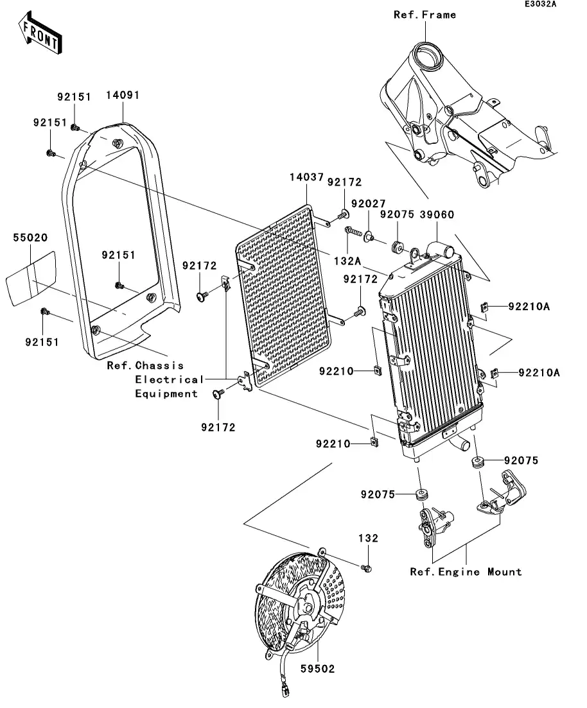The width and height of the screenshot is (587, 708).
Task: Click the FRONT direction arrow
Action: coord(40,33)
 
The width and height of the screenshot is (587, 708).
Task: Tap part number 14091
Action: coord(123,95)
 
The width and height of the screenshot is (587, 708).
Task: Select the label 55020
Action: coord(30,237)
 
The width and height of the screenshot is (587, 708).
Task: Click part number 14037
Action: coord(306,177)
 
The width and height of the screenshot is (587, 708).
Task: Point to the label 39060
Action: coord(437,214)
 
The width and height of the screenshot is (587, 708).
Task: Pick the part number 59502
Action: coord(318,669)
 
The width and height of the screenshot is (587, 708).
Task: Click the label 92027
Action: coord(368,203)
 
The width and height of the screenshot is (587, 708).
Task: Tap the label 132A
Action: coord(347,261)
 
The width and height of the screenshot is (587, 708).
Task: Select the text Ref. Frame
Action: coord(425,15)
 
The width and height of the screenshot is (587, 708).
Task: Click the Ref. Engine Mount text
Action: coord(466,572)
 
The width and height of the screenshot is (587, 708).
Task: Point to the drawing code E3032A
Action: coord(540,4)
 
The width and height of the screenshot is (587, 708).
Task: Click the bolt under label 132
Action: coord(367,568)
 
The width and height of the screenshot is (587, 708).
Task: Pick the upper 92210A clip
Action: coord(484,307)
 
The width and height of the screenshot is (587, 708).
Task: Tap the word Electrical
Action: coord(169,380)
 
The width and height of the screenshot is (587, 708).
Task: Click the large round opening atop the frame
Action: coord(426,56)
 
